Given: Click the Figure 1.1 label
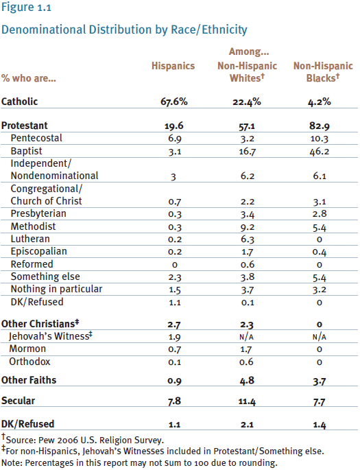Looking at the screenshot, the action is (26, 7).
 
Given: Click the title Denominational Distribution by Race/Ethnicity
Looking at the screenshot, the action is (124, 30).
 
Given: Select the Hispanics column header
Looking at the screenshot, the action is (173, 66).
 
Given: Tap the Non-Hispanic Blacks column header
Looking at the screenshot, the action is (323, 72).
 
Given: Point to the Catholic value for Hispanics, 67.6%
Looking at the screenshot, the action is (174, 102).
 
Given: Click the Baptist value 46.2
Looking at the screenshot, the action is (320, 152).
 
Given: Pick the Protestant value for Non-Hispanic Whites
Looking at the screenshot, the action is (247, 126).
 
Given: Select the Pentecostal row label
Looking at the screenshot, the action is (36, 138).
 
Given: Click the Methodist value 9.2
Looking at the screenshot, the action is (248, 227).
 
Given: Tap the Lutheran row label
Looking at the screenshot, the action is (30, 239).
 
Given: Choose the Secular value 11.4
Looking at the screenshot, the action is (247, 401).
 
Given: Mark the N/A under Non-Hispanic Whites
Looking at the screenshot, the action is (246, 337).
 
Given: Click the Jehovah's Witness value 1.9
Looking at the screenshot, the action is (174, 337).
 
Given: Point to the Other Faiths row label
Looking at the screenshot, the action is (29, 380).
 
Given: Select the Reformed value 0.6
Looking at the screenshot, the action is (248, 265).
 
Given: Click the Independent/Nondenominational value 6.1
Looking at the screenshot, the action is (320, 176).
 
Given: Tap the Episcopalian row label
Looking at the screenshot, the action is (39, 252).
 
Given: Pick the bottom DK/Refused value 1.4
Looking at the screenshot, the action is (320, 425).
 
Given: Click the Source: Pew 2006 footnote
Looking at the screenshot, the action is (83, 439).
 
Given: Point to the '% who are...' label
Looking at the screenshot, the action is (29, 78).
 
